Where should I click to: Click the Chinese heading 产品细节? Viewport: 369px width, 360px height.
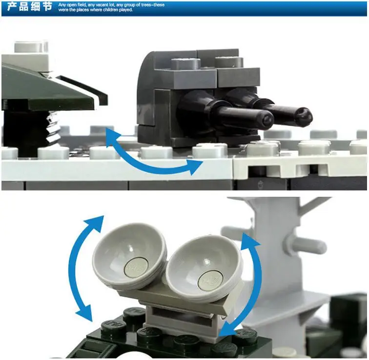(x=29, y=6)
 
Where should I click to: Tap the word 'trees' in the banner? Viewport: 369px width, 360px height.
(x=146, y=5)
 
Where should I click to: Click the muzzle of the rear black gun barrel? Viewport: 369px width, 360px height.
(x=305, y=116)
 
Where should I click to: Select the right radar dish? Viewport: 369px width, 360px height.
(x=204, y=268)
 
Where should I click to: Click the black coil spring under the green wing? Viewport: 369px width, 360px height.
(x=52, y=127)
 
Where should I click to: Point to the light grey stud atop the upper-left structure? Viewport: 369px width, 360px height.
(x=31, y=46)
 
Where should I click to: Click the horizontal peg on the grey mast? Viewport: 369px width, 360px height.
(x=306, y=246)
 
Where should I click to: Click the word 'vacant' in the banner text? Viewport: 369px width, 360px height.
(x=102, y=5)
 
